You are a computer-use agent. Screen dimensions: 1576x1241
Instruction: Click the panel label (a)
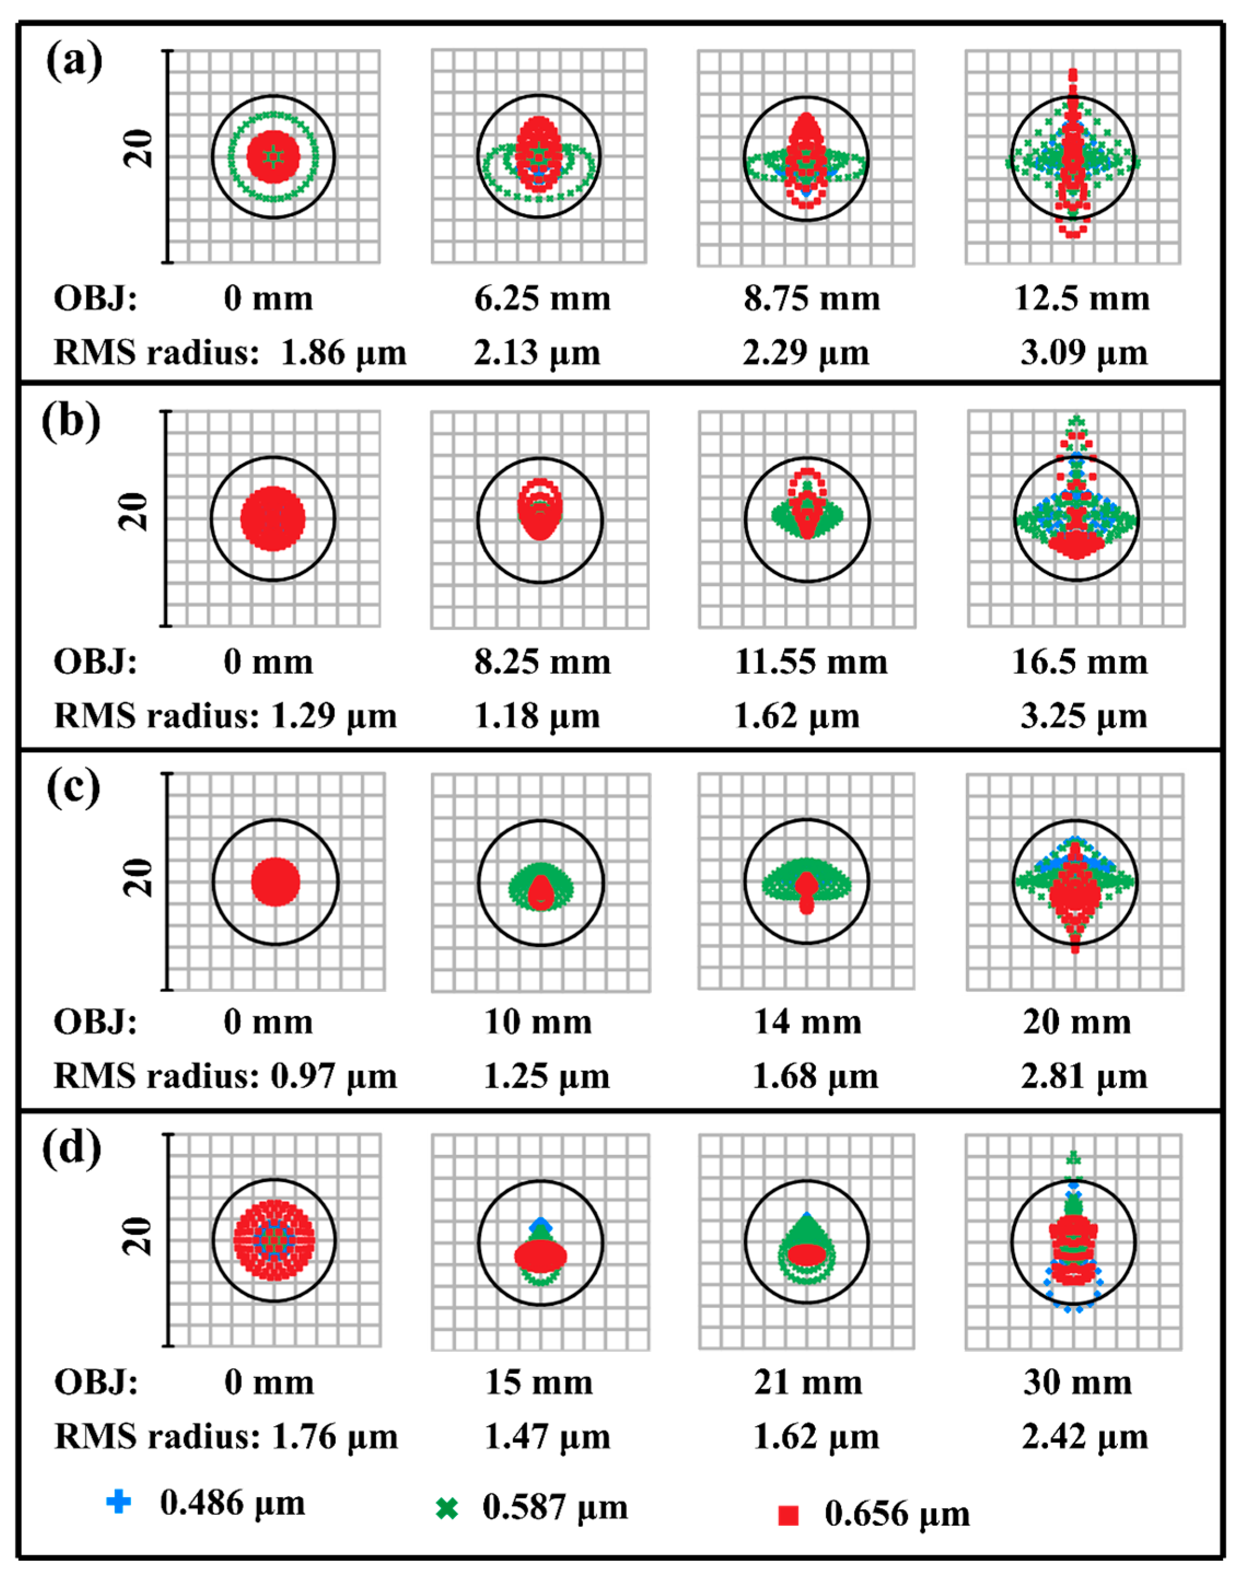pos(73,61)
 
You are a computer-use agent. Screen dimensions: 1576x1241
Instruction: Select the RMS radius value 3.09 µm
pos(1083,353)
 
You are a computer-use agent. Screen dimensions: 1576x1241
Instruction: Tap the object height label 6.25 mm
pos(542,299)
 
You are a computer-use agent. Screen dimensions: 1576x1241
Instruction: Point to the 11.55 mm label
pos(811,662)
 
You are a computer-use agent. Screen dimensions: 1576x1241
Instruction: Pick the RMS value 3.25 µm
pos(1083,716)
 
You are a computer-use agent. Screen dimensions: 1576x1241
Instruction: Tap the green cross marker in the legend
pos(447,1509)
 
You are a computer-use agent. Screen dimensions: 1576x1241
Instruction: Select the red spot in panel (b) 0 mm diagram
pos(272,518)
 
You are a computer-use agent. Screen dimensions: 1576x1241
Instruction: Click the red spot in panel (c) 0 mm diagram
pos(275,882)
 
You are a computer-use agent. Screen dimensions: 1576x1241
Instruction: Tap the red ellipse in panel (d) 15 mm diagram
pos(540,1254)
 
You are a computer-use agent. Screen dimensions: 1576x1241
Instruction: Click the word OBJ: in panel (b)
pos(95,662)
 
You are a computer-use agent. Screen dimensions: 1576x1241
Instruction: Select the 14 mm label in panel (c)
pos(807,1022)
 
